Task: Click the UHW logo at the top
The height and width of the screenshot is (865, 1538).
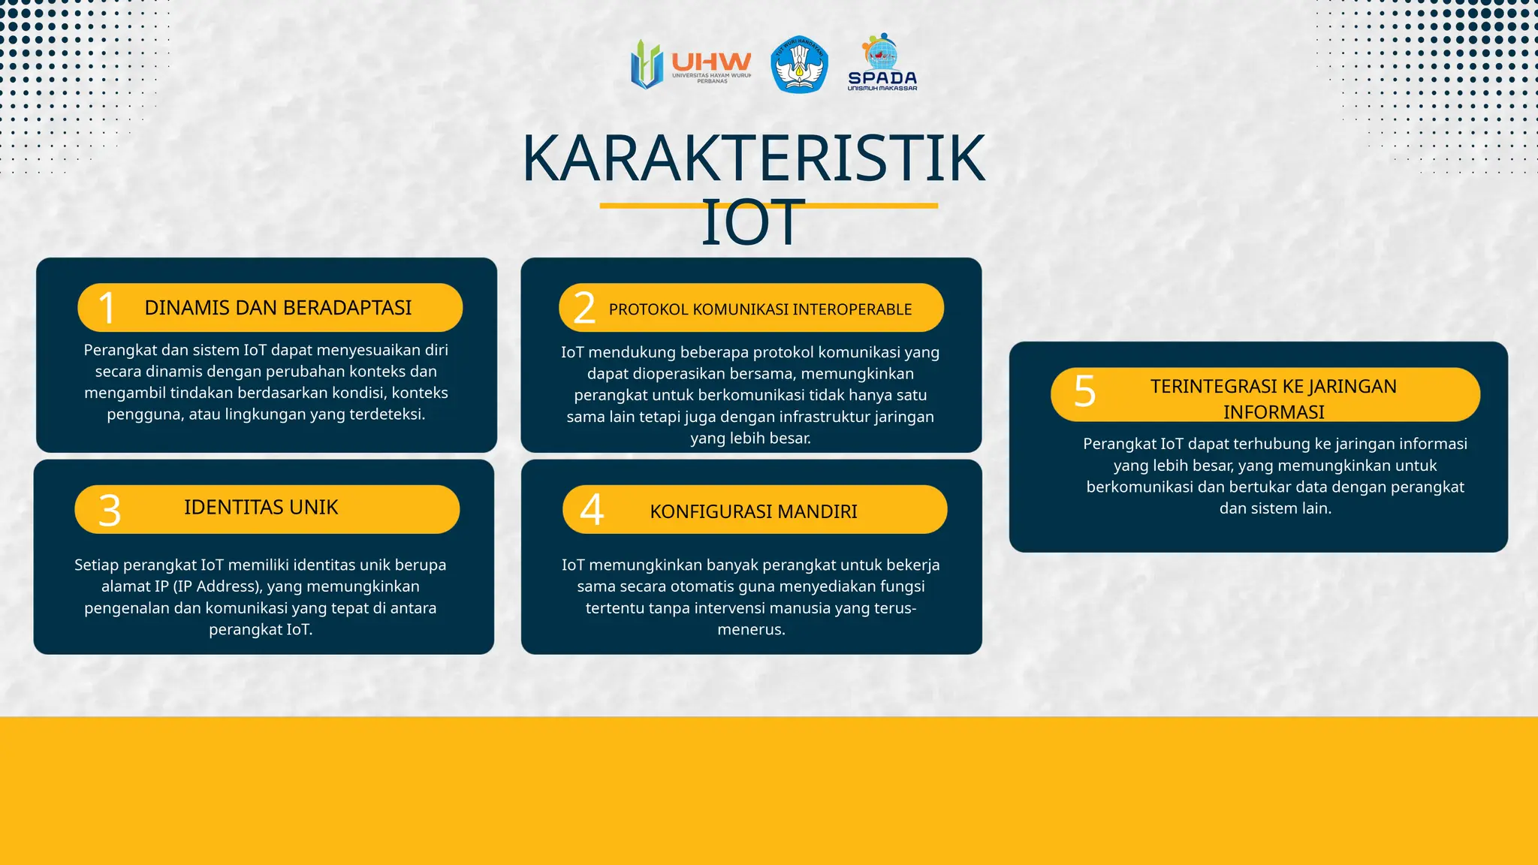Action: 691,65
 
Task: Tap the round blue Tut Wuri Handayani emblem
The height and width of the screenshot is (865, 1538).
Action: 799,65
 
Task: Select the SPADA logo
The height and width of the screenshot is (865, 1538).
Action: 882,64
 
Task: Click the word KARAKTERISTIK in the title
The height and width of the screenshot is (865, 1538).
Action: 752,158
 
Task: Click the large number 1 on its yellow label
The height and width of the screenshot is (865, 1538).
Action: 107,308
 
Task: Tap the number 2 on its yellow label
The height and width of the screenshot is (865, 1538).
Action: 584,308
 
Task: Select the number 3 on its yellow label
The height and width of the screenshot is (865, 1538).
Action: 110,511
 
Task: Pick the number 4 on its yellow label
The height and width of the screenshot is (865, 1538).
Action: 592,510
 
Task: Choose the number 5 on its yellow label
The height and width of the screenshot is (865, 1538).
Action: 1084,391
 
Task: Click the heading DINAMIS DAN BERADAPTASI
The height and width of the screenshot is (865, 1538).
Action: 278,308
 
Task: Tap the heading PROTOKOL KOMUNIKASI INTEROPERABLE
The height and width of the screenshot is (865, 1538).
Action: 760,309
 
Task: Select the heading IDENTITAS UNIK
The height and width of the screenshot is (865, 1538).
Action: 261,508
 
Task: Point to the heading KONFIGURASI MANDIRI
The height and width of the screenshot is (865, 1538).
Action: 753,511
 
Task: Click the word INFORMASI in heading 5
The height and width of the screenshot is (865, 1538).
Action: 1274,412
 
